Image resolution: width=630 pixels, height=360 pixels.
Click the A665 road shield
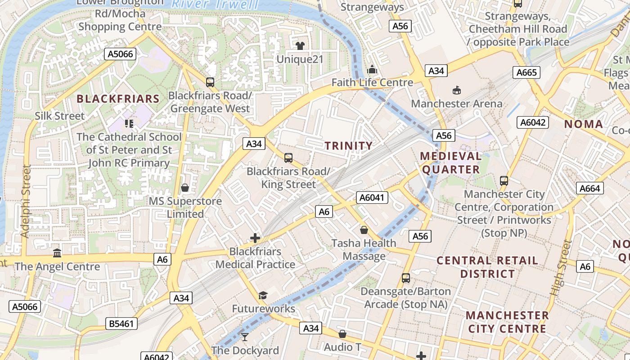(526, 72)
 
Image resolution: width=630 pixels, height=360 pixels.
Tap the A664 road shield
(589, 189)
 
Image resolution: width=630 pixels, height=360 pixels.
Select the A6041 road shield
(372, 198)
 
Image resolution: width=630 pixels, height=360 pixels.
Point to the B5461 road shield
(121, 323)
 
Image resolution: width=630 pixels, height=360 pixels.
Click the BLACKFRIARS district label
(118, 99)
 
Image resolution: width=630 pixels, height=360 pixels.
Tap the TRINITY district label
(349, 146)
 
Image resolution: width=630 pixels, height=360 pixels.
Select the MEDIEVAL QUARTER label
(450, 163)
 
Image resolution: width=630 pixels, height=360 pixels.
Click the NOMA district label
(583, 124)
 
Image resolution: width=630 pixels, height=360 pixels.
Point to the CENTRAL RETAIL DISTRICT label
(487, 267)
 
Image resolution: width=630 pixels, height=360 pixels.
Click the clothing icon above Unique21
(300, 45)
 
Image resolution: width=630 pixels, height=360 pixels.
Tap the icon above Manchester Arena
(457, 90)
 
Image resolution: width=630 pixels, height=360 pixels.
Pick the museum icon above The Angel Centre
(57, 253)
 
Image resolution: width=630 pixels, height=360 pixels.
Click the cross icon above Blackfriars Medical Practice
(255, 238)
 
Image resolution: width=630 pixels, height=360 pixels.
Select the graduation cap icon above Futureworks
(263, 295)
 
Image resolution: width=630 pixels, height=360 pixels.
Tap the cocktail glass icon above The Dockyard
(245, 337)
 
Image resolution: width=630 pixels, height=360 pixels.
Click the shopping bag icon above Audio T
(342, 334)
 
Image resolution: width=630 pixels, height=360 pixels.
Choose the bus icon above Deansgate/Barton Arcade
(406, 278)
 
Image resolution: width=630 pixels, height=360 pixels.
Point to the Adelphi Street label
(26, 201)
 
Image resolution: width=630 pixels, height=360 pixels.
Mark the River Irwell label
(215, 4)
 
